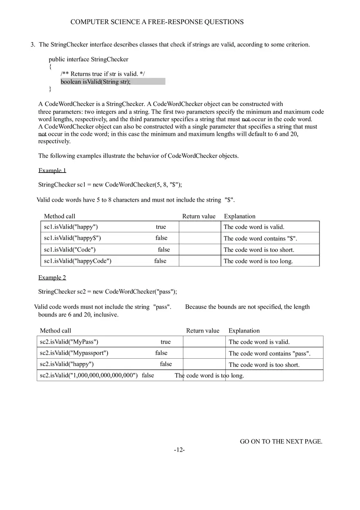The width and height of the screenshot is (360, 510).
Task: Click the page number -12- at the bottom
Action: pos(179,450)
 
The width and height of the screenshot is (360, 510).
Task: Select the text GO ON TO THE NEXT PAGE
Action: pos(281,441)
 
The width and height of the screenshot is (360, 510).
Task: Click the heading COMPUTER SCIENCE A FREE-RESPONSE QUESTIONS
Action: pos(157,22)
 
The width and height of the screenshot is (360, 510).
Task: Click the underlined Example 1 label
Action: pos(52,170)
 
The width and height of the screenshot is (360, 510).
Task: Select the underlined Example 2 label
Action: pos(52,277)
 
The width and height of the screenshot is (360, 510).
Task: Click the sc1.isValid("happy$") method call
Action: pos(72,238)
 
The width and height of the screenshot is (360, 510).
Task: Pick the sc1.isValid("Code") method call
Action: pos(70,249)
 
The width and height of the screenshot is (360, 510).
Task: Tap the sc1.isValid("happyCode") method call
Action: pos(77,261)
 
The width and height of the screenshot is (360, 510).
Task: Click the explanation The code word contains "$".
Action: pos(260,238)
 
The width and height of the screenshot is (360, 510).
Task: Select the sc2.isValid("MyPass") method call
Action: pos(69,342)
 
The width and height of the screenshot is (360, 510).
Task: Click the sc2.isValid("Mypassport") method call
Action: pos(74,353)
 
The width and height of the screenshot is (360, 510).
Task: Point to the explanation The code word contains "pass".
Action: pos(269,353)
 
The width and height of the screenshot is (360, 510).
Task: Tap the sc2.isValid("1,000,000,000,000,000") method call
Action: pos(89,375)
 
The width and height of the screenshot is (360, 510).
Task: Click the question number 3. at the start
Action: pos(33,45)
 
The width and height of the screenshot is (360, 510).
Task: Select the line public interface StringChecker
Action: pos(88,59)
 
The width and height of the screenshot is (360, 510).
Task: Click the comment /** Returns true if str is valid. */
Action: pos(103,74)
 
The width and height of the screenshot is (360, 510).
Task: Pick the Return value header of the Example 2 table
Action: pos(202,330)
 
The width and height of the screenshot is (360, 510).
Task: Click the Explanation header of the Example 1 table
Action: pos(239,216)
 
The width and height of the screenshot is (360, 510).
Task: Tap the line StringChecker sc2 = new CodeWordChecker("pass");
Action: pos(108,292)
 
